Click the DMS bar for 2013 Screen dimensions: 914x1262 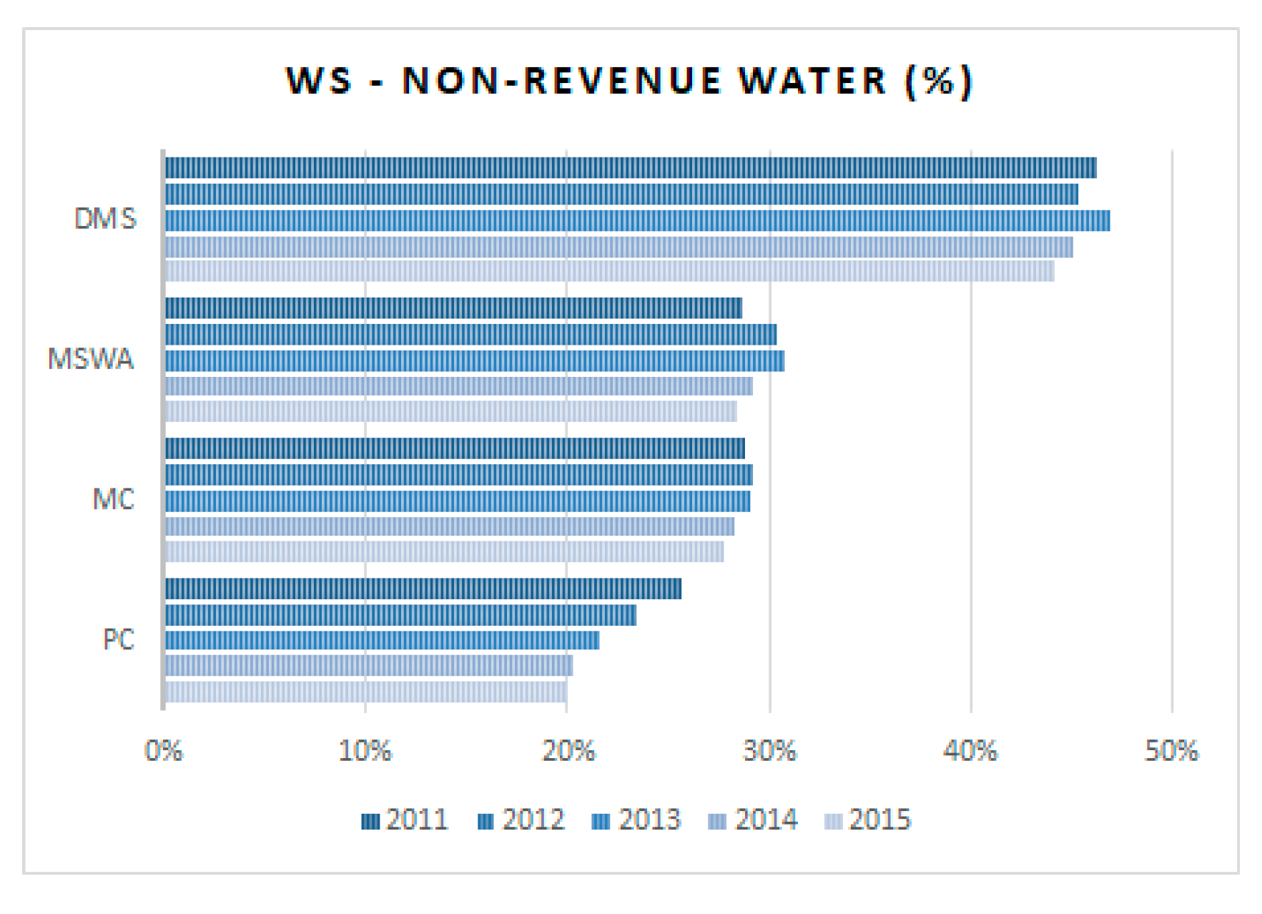pos(636,220)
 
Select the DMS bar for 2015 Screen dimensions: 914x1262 pos(609,271)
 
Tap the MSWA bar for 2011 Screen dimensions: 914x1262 pos(453,308)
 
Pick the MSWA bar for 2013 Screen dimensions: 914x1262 pos(474,361)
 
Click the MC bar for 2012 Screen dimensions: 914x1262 pos(458,475)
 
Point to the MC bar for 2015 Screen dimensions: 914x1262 pos(444,551)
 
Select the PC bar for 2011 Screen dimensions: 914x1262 pos(423,589)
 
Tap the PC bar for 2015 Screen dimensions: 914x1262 pos(365,692)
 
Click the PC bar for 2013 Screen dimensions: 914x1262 pos(382,640)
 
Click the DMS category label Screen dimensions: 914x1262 pos(105,219)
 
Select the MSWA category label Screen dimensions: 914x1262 pos(91,358)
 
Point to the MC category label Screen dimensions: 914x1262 pos(113,499)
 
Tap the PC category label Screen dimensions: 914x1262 pos(118,639)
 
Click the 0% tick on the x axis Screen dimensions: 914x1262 pos(164,751)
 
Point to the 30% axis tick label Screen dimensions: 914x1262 pos(769,751)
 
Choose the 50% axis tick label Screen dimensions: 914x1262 pos(1171,751)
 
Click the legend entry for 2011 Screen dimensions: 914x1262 pos(405,820)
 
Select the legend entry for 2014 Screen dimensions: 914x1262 pos(753,820)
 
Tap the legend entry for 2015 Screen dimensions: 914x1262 pos(869,820)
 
